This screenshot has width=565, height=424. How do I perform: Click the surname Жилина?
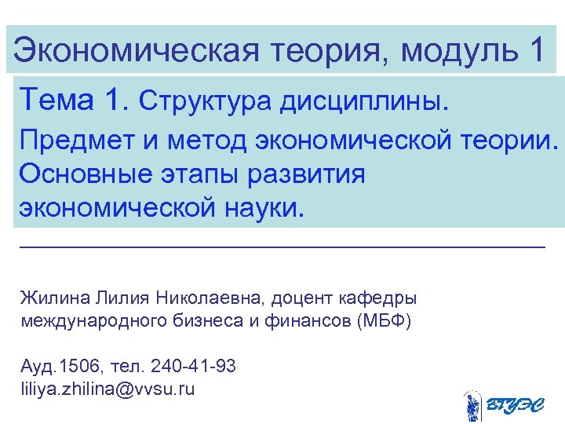pos(55,299)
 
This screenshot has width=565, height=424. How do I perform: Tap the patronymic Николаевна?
pos(212,298)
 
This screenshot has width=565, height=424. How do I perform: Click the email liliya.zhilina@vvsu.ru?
pos(108,389)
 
